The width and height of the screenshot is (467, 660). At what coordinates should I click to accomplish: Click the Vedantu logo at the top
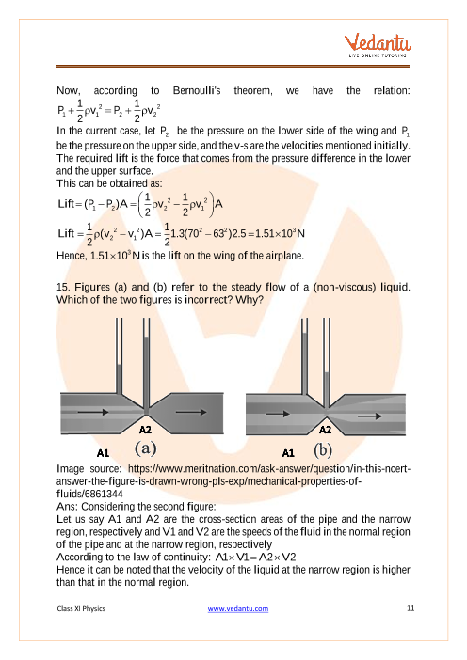pyautogui.click(x=378, y=45)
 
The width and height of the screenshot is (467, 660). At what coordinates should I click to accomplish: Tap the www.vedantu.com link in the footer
pyautogui.click(x=237, y=608)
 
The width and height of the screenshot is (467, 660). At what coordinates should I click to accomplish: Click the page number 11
pyautogui.click(x=411, y=608)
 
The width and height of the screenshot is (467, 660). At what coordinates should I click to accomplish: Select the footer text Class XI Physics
pyautogui.click(x=81, y=608)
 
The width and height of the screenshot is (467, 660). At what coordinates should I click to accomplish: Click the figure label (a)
pyautogui.click(x=145, y=448)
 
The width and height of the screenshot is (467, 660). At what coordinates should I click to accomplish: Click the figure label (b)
pyautogui.click(x=323, y=449)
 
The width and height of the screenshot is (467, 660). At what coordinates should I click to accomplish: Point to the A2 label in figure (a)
pyautogui.click(x=145, y=430)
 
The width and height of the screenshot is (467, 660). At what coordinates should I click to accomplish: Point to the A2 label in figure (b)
pyautogui.click(x=325, y=430)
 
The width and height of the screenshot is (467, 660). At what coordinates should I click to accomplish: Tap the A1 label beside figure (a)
pyautogui.click(x=103, y=453)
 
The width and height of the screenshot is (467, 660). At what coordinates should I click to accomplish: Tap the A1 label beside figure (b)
pyautogui.click(x=288, y=453)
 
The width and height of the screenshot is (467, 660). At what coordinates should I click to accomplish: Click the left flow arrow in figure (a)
pyautogui.click(x=93, y=412)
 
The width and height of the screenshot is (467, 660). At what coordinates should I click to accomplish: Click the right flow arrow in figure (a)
pyautogui.click(x=191, y=412)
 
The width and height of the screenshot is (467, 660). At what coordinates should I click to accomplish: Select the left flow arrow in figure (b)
pyautogui.click(x=278, y=414)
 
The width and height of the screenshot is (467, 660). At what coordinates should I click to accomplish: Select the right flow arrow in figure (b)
pyautogui.click(x=370, y=416)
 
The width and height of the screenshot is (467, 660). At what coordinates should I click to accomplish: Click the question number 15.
pyautogui.click(x=63, y=287)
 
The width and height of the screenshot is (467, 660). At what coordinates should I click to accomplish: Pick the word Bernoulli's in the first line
pyautogui.click(x=197, y=90)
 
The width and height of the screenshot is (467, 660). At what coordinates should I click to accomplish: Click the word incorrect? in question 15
pyautogui.click(x=210, y=300)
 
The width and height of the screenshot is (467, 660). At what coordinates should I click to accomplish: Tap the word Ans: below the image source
pyautogui.click(x=68, y=507)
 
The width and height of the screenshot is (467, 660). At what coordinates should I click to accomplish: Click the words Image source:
pyautogui.click(x=89, y=469)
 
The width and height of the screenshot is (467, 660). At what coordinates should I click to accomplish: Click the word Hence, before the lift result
pyautogui.click(x=72, y=256)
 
